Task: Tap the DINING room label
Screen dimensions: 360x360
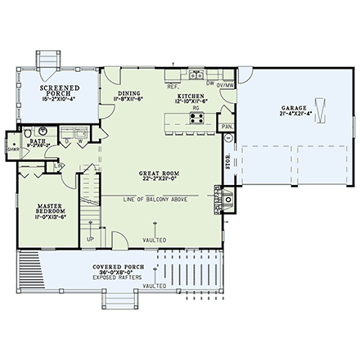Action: (129, 94)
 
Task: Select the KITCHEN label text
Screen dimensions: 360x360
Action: (191, 96)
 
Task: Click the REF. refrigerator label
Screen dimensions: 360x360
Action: (173, 84)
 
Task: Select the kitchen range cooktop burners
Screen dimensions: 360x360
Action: (197, 117)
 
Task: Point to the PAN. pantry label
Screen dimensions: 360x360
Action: (228, 127)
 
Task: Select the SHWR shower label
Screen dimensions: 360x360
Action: (12, 149)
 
